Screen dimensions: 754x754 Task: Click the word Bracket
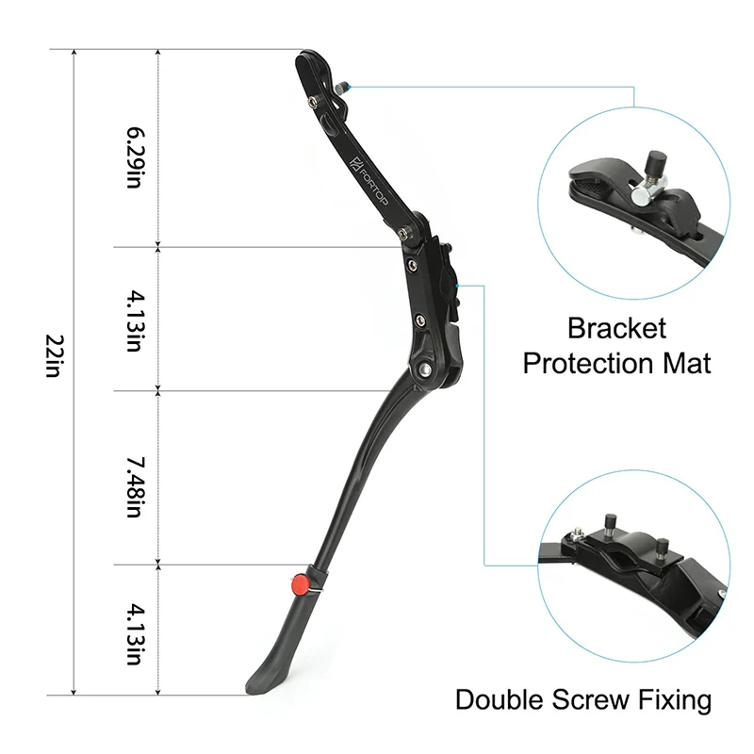(x=616, y=329)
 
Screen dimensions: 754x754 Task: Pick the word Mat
(x=687, y=363)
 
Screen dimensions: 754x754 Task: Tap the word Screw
(x=597, y=700)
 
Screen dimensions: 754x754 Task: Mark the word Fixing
(x=676, y=700)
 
